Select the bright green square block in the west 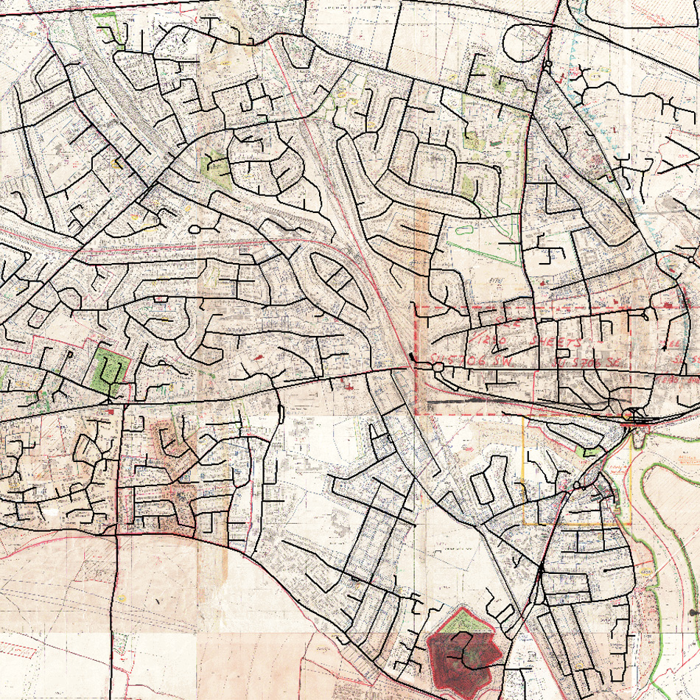click(x=108, y=368)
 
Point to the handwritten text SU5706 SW click(x=457, y=358)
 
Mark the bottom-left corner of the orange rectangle click(x=524, y=524)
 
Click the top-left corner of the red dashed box click(x=417, y=305)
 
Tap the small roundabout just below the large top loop click(x=547, y=66)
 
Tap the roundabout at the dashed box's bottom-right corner click(x=628, y=416)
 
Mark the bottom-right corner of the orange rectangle click(x=631, y=524)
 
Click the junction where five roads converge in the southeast click(x=541, y=570)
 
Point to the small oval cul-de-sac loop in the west click(x=195, y=230)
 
